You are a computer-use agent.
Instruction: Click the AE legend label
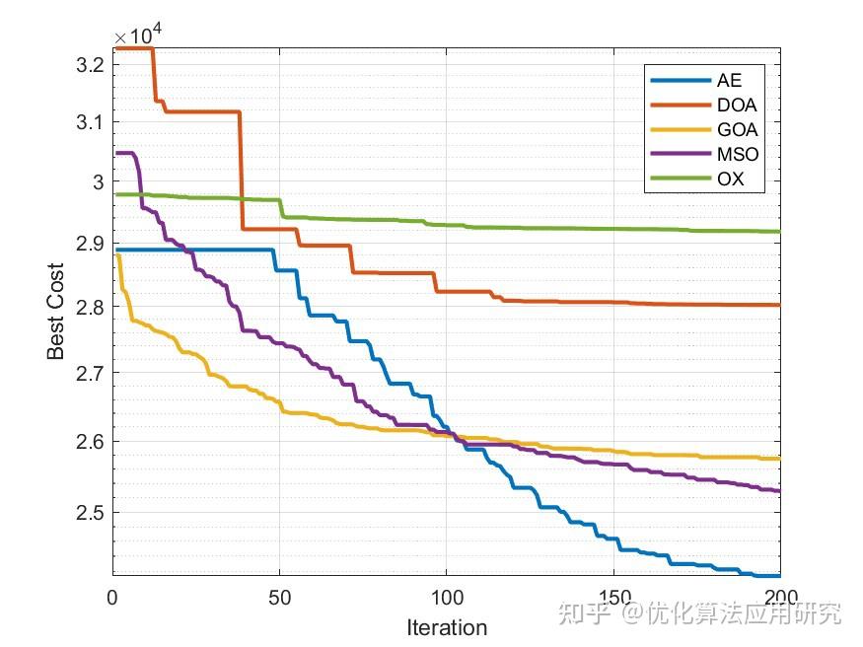coord(729,80)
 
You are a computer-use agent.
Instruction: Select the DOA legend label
coord(736,105)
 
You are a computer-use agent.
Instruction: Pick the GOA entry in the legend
coord(736,129)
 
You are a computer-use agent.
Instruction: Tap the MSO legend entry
coord(737,155)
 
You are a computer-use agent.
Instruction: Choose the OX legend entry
coord(730,180)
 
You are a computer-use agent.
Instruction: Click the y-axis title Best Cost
coord(56,312)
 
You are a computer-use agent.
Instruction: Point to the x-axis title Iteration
coord(447,627)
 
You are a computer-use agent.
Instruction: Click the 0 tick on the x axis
coord(112,597)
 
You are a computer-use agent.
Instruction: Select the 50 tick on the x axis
coord(279,597)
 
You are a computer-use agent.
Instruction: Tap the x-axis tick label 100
coord(446,597)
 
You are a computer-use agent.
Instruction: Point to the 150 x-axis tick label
coord(613,597)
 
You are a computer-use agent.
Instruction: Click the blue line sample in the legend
coord(679,80)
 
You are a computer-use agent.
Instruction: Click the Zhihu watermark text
coord(700,613)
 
